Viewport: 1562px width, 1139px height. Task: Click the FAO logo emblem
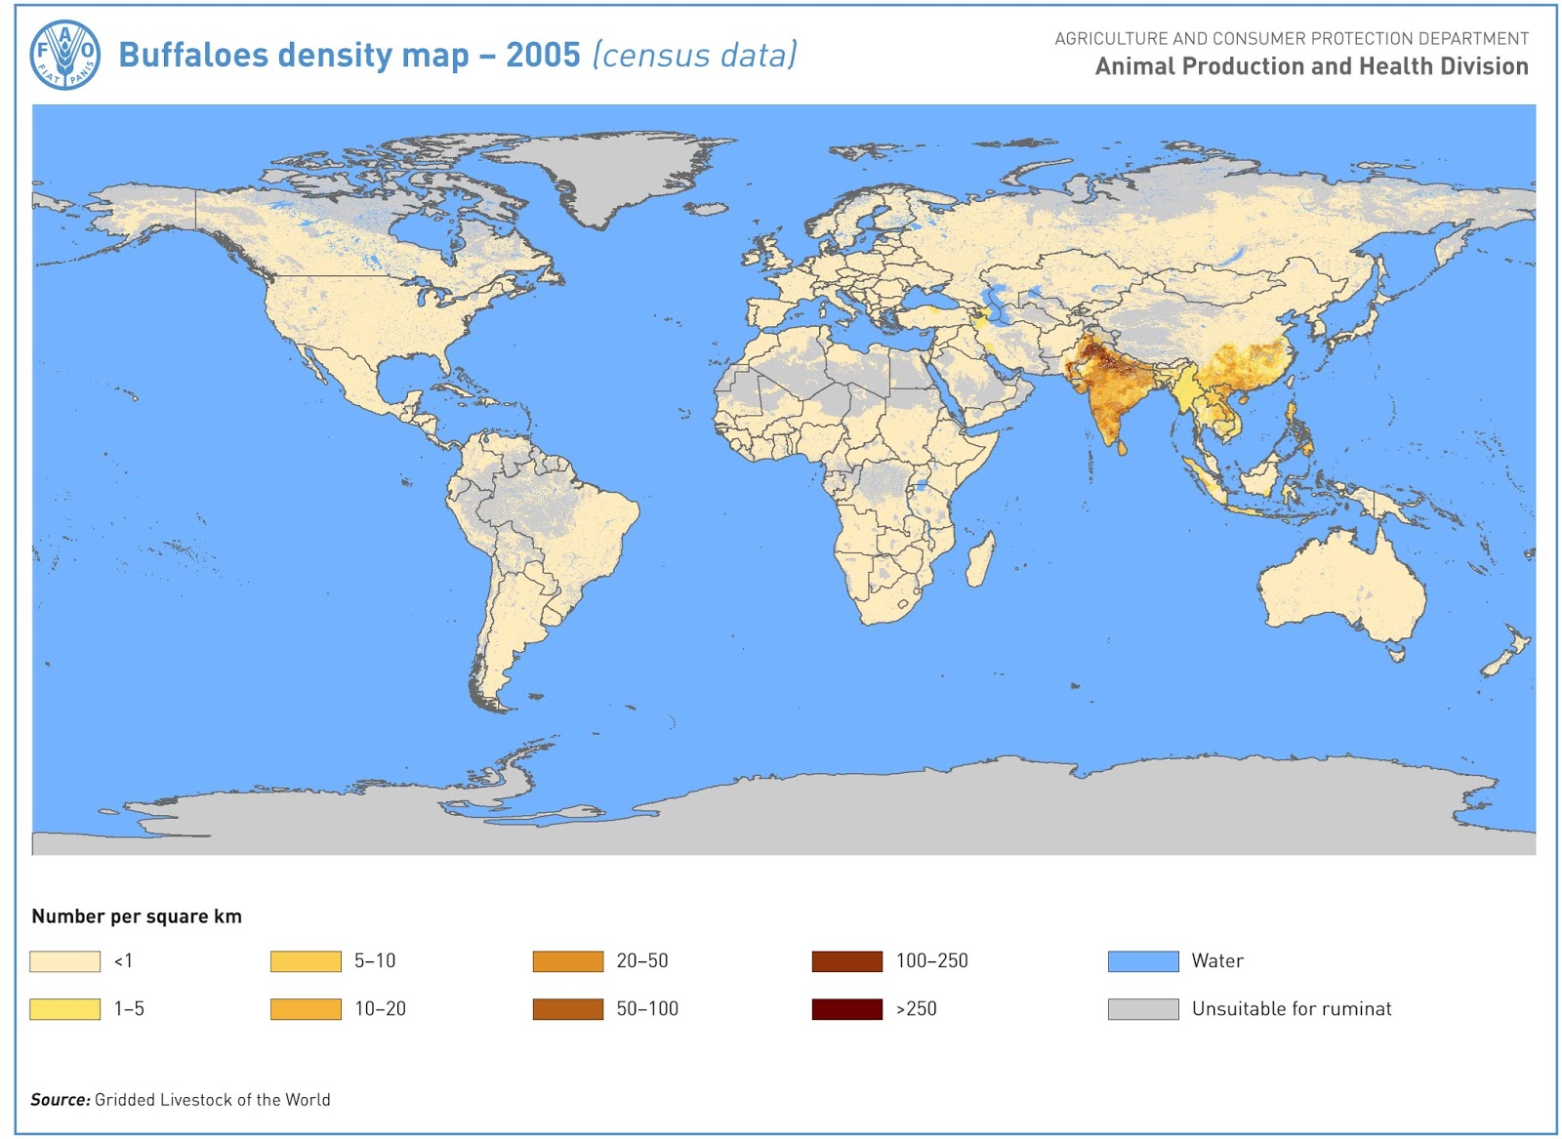(64, 55)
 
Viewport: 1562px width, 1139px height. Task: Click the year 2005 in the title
(543, 55)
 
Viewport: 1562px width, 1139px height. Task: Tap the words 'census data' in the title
(695, 55)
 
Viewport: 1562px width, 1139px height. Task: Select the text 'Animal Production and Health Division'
(1311, 66)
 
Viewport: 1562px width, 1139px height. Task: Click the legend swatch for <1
(64, 961)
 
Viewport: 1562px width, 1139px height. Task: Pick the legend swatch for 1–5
(64, 1009)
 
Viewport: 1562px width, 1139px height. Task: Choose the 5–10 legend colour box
(306, 961)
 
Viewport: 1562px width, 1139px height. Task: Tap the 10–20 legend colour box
(306, 1009)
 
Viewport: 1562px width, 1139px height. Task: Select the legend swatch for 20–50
(568, 961)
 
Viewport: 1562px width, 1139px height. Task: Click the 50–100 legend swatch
(568, 1009)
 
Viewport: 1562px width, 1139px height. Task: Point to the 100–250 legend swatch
(846, 961)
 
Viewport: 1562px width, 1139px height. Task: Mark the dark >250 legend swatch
(846, 1009)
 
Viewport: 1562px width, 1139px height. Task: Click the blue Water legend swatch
(1143, 961)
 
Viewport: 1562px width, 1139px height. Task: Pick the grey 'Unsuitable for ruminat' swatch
(1143, 1009)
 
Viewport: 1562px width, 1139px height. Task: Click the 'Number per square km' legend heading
(137, 916)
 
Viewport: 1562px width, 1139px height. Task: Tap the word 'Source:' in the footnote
(60, 1100)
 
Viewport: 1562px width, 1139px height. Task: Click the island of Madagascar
(981, 559)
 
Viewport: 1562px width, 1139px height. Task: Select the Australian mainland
(1342, 586)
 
